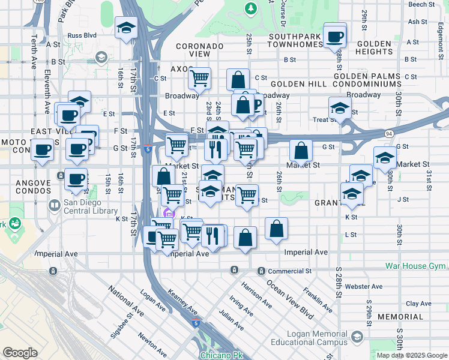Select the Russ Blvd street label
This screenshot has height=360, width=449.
click(x=83, y=35)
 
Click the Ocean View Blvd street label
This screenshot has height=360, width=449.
click(x=290, y=298)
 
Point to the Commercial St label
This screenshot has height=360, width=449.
click(x=291, y=271)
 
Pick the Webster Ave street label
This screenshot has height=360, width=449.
click(x=368, y=287)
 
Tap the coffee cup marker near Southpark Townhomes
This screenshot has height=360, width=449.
click(x=335, y=37)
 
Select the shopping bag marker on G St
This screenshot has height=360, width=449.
click(x=301, y=151)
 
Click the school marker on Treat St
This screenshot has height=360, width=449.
click(x=340, y=109)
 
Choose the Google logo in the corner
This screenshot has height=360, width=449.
click(x=20, y=353)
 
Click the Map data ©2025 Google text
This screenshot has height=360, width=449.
click(x=411, y=355)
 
